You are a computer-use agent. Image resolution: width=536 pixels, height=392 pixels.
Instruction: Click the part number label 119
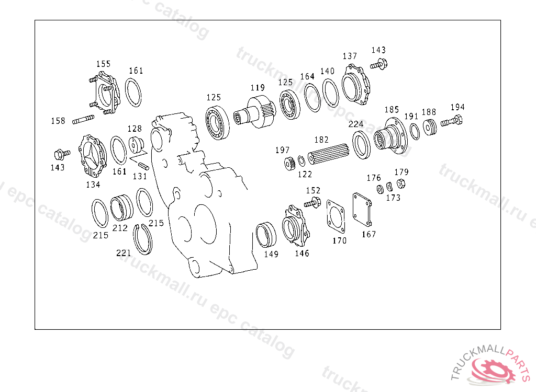pyautogui.click(x=258, y=88)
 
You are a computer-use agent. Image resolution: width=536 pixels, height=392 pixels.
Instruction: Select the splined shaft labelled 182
pyautogui.click(x=328, y=154)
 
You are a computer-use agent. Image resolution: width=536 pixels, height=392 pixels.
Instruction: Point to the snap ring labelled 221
pyautogui.click(x=142, y=239)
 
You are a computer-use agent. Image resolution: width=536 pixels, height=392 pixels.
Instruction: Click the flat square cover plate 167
pyautogui.click(x=362, y=210)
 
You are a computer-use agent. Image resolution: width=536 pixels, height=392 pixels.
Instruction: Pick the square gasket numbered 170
pyautogui.click(x=336, y=217)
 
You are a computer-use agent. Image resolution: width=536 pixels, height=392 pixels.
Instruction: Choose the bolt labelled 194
pyautogui.click(x=452, y=121)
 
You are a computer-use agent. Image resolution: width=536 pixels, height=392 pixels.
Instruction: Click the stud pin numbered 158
pyautogui.click(x=83, y=120)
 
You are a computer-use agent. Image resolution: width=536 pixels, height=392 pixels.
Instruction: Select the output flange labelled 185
pyautogui.click(x=390, y=136)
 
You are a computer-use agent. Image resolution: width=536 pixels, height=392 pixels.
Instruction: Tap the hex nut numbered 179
pyautogui.click(x=401, y=183)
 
